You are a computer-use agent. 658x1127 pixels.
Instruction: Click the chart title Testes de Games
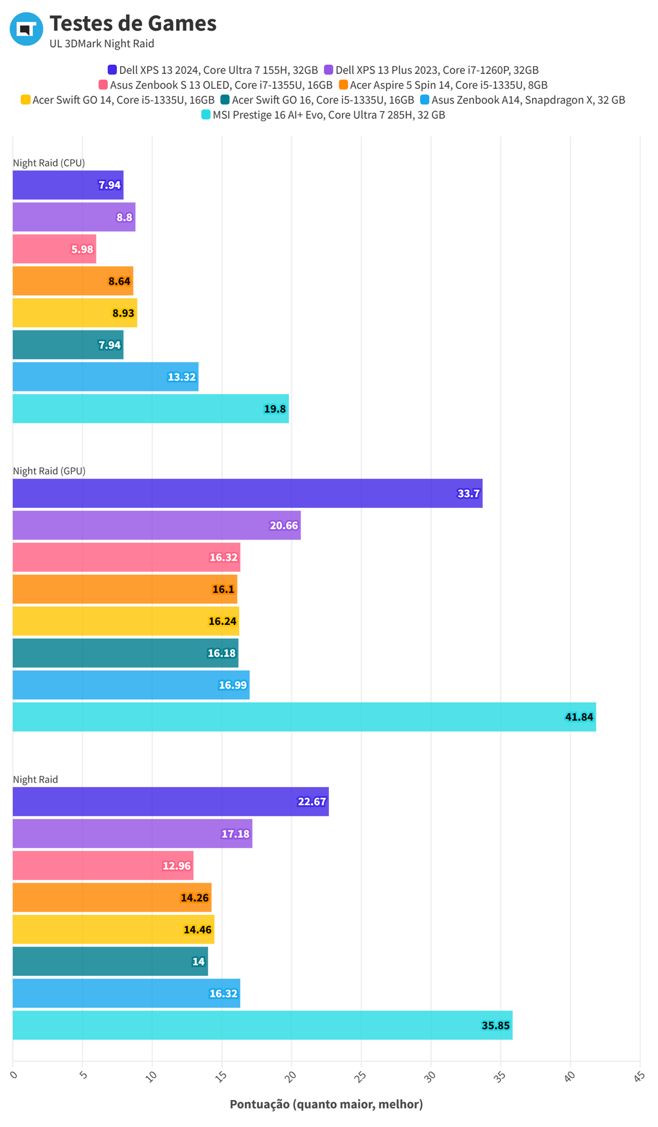(133, 23)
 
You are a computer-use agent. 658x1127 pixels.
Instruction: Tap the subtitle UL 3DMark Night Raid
(102, 44)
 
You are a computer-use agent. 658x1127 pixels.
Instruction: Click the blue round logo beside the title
(26, 29)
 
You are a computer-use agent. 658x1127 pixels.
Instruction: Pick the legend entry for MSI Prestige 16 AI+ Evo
(328, 115)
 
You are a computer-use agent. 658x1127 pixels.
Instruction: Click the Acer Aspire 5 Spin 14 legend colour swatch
(344, 85)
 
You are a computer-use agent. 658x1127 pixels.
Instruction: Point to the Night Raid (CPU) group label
(49, 163)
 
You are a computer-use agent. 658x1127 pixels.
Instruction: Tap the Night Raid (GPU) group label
(49, 471)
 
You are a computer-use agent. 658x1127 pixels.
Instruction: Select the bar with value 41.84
(304, 717)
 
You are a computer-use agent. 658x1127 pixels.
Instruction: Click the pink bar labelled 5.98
(54, 249)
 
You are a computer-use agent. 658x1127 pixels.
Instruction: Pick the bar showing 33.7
(247, 493)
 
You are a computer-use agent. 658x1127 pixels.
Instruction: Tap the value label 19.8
(274, 409)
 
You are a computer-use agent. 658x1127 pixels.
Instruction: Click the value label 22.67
(312, 802)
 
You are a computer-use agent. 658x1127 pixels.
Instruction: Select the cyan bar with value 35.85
(262, 1025)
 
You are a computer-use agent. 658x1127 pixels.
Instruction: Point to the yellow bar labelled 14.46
(113, 930)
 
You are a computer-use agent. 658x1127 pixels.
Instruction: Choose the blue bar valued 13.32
(105, 377)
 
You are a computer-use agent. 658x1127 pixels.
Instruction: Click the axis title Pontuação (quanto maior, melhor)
(326, 1104)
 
